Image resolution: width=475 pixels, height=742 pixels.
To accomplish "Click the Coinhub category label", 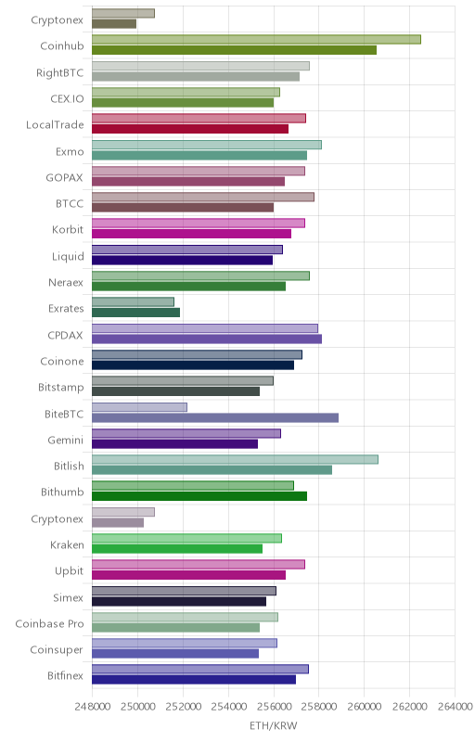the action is (62, 45).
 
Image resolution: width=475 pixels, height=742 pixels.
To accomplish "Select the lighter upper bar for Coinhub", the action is (256, 40).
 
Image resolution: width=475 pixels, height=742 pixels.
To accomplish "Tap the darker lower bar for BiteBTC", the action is (215, 418).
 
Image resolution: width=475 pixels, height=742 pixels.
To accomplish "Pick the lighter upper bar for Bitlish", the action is (235, 459).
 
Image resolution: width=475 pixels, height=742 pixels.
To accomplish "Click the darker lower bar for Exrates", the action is (135, 313).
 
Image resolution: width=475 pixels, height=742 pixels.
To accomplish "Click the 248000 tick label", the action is (93, 707).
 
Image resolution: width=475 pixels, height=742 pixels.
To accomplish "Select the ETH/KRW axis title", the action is (274, 726).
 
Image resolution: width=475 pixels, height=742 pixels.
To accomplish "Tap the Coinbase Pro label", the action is (50, 624).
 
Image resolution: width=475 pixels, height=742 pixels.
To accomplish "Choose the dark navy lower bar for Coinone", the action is (193, 365).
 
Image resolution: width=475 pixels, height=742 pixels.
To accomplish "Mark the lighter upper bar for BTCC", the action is (203, 197).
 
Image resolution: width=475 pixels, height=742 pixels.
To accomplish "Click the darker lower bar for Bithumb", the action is (199, 496).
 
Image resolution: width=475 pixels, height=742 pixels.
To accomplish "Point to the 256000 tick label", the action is (274, 707).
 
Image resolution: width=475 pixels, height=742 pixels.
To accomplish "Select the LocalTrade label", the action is (55, 125).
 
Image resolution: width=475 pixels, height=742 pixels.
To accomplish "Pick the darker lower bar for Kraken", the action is (177, 549).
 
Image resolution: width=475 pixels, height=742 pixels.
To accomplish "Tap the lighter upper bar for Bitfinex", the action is (200, 669).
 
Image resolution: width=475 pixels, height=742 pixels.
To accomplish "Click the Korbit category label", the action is (68, 229).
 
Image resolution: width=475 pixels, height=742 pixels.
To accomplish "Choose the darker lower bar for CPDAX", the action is (207, 339).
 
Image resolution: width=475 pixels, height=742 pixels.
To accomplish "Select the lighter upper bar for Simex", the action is (184, 591).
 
